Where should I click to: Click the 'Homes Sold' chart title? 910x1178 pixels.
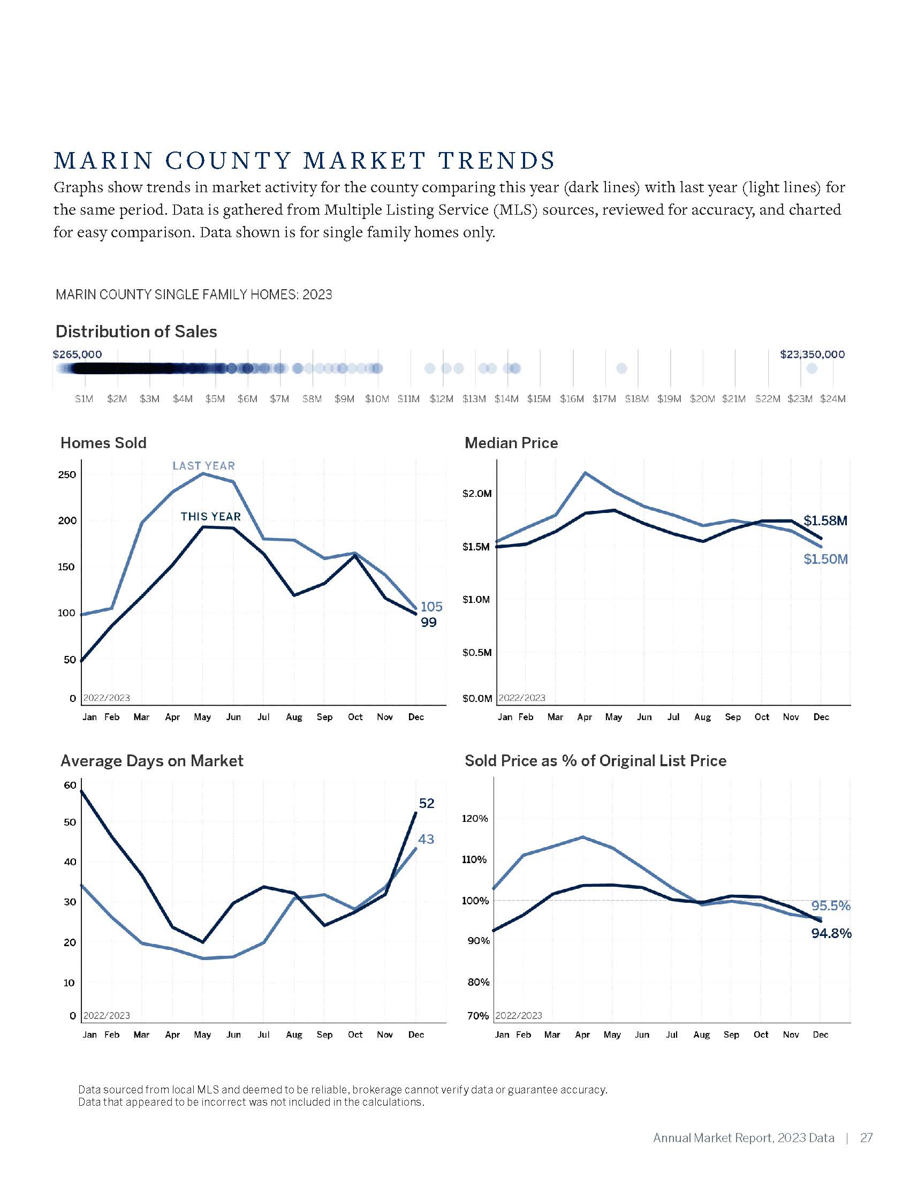(103, 443)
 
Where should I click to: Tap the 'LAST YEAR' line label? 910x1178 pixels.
(203, 465)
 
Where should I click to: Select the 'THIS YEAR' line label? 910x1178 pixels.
(210, 516)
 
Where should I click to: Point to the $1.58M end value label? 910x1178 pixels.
(825, 520)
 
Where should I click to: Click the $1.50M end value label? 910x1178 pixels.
(825, 559)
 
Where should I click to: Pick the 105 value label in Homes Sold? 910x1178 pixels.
(431, 606)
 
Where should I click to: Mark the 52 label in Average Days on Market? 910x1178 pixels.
(427, 803)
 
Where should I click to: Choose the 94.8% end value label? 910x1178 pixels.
(831, 933)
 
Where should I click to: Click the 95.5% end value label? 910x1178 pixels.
(830, 905)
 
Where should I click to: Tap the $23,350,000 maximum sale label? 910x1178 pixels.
(812, 354)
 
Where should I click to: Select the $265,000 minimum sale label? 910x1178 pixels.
(77, 354)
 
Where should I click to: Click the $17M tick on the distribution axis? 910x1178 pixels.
(604, 399)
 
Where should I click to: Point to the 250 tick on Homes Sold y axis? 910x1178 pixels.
(67, 474)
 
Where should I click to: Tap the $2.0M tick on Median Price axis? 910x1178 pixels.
(476, 494)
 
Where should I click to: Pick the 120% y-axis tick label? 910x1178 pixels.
(474, 818)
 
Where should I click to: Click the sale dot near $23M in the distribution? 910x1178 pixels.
(812, 368)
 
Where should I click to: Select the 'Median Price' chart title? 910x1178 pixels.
(511, 443)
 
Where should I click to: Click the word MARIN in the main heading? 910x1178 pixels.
(103, 160)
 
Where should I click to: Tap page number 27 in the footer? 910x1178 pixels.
(866, 1137)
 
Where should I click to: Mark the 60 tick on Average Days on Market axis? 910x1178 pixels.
(70, 785)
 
